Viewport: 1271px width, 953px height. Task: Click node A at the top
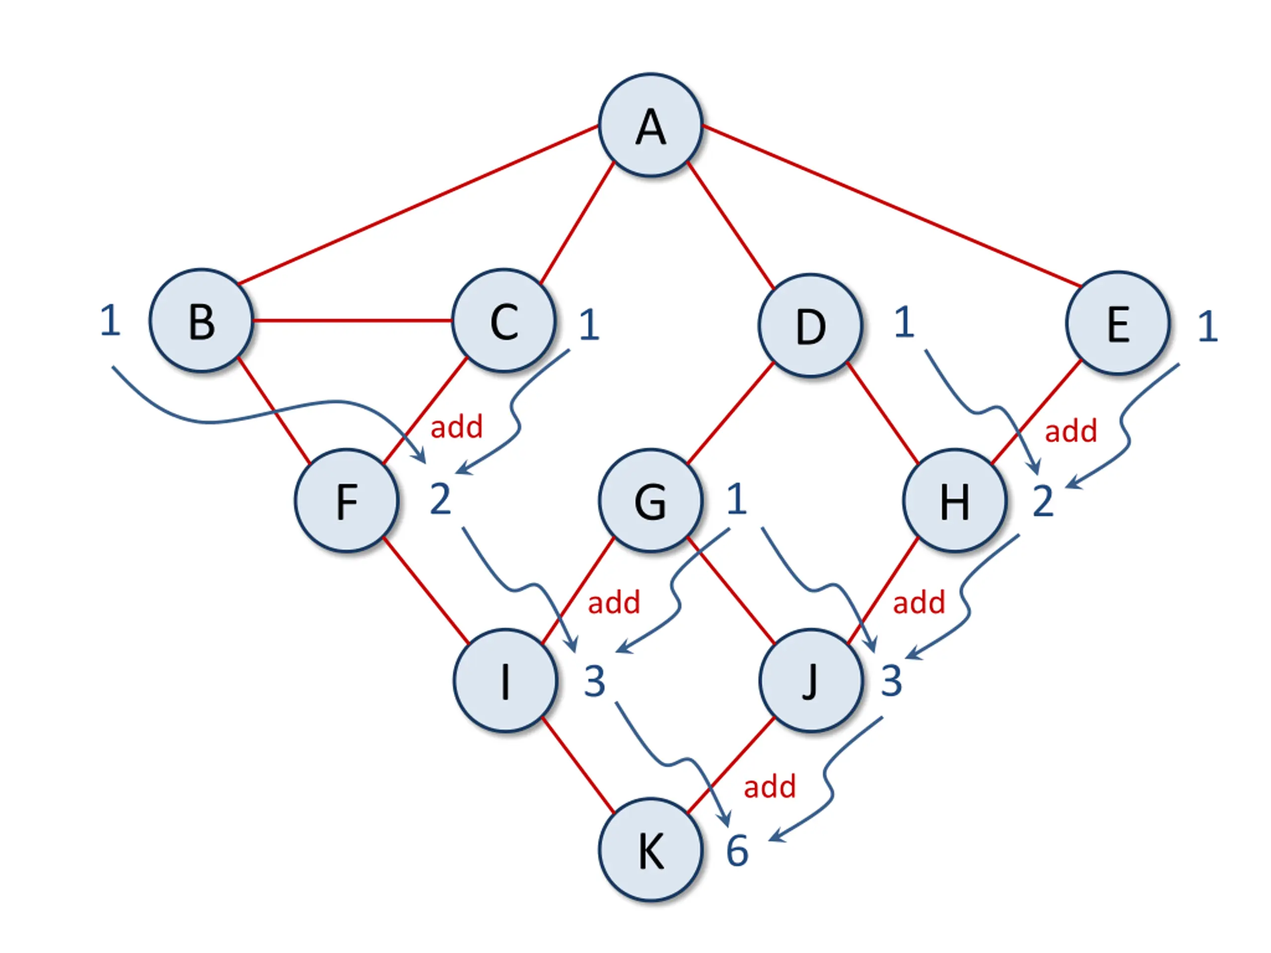pos(650,125)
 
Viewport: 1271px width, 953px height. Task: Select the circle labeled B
pos(201,321)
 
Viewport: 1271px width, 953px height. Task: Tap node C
pos(504,321)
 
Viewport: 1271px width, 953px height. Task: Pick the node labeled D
pos(810,325)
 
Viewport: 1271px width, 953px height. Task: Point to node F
pos(347,500)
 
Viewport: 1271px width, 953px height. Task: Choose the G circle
pos(650,500)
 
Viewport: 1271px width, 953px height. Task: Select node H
pos(954,500)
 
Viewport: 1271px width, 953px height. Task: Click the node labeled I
pos(505,681)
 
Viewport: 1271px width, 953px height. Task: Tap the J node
pos(810,681)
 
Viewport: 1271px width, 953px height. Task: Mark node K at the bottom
pos(650,850)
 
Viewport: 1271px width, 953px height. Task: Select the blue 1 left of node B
pos(110,321)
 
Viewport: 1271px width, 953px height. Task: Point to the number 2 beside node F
pos(440,499)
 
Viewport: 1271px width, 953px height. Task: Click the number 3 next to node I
pos(595,682)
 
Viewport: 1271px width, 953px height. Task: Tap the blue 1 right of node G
pos(737,499)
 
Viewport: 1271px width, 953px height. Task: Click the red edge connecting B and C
pos(352,320)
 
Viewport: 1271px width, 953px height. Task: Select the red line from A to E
pos(891,205)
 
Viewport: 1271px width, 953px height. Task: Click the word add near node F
pos(456,427)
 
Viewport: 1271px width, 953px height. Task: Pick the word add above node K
pos(770,786)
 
